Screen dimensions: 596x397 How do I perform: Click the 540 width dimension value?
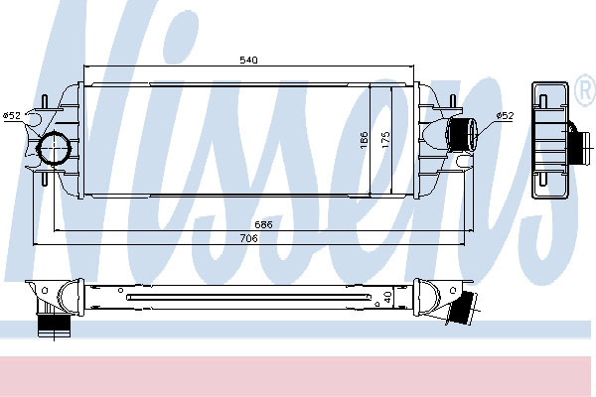tap(248, 60)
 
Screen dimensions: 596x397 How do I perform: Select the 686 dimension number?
tap(263, 224)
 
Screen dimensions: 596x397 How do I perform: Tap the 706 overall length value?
tap(248, 238)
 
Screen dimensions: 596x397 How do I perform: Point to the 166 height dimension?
tap(365, 140)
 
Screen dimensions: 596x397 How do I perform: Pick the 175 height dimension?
tap(385, 140)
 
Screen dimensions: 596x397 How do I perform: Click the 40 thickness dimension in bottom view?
tap(387, 297)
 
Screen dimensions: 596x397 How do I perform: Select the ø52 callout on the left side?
tap(11, 115)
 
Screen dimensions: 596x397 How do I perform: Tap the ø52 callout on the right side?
tap(505, 115)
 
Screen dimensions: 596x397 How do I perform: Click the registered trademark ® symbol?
tap(585, 90)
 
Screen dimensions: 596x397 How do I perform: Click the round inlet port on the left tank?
tap(54, 148)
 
